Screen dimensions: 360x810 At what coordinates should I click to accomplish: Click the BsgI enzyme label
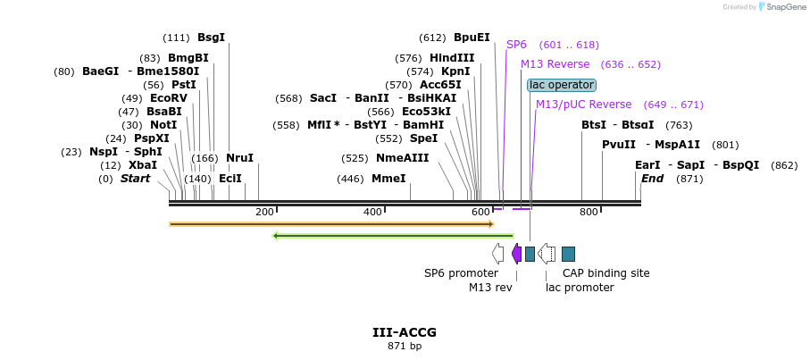211,38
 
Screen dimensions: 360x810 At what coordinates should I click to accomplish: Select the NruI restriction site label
239,158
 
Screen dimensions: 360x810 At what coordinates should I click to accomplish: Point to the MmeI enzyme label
388,179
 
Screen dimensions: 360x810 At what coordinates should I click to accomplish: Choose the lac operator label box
561,85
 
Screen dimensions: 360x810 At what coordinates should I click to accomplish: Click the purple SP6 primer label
516,45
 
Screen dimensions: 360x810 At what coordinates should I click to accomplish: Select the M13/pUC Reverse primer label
583,105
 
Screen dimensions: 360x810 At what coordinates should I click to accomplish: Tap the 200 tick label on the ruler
264,212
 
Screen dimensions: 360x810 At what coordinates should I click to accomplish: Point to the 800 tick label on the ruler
589,212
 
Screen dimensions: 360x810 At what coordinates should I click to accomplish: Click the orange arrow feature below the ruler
331,224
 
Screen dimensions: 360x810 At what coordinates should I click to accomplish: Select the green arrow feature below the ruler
393,236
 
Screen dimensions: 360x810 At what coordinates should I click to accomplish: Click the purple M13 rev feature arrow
516,254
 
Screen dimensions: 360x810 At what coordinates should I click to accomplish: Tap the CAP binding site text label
605,273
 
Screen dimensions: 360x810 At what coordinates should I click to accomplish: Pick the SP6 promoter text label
461,273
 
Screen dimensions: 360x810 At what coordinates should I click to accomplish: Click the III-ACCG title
405,332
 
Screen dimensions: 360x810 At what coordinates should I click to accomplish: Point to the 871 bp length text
405,346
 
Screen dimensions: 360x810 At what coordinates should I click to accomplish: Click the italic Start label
135,179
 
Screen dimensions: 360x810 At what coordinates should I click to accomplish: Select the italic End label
652,179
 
